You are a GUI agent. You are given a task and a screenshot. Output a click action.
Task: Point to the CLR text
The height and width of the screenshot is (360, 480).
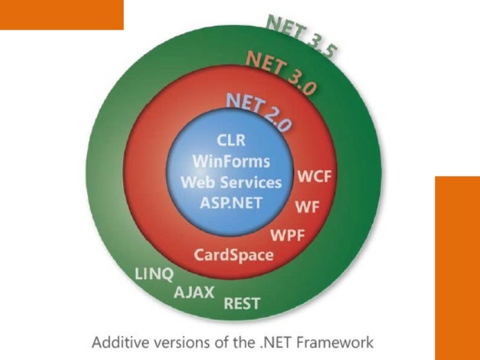point(231,140)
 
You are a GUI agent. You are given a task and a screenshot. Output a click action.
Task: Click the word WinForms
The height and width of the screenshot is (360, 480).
point(231,161)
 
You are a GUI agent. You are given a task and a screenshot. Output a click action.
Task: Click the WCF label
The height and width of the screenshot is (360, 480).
point(315,177)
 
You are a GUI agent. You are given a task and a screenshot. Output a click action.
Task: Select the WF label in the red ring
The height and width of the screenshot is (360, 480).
point(308,206)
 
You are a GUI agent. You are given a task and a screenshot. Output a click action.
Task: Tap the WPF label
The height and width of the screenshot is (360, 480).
point(288,235)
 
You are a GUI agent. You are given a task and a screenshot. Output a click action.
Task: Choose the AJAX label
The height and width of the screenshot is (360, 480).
point(194,292)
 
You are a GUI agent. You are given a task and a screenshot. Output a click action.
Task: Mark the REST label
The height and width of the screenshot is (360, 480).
point(242,304)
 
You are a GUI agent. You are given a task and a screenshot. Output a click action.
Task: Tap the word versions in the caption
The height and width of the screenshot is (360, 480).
point(175,343)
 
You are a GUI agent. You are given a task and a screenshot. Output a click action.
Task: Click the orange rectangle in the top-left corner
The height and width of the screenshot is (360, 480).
point(61,15)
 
